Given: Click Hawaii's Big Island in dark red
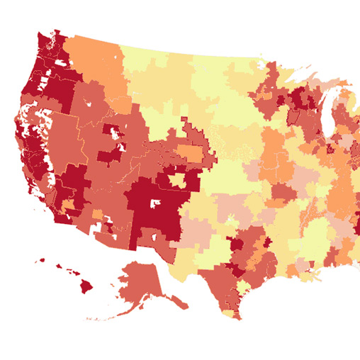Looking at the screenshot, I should [86, 286].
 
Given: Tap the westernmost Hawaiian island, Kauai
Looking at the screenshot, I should [40, 260].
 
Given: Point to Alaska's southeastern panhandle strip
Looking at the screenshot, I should [177, 302].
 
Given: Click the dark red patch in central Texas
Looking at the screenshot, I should [236, 246].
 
